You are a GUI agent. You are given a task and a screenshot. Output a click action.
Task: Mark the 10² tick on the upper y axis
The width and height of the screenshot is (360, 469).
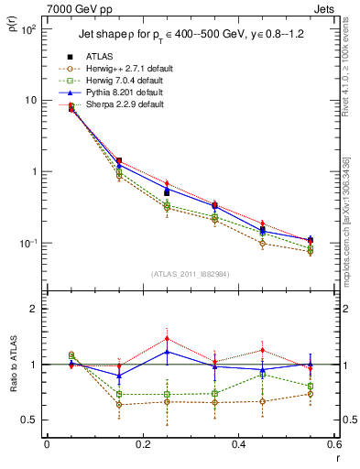27,29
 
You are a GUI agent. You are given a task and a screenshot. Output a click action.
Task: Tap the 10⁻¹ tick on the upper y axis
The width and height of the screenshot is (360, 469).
27,243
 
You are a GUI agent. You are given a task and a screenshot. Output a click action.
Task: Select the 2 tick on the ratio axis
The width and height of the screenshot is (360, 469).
31,310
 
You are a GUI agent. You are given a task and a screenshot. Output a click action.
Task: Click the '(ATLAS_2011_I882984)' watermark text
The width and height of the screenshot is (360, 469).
189,274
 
